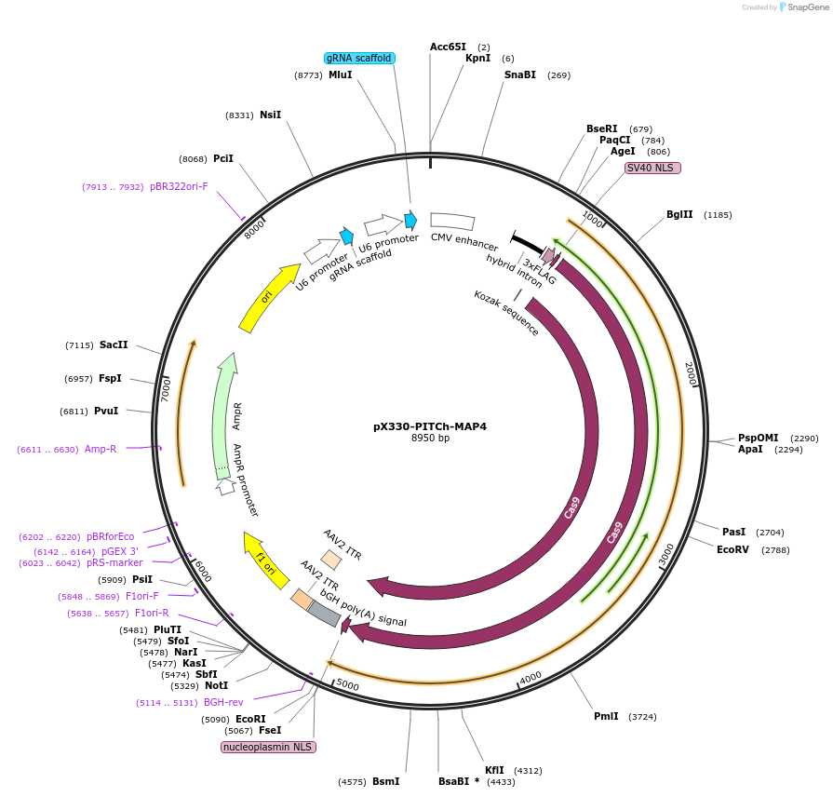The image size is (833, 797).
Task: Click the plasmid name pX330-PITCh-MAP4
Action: pyautogui.click(x=429, y=426)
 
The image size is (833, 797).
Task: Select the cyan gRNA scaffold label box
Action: pyautogui.click(x=359, y=58)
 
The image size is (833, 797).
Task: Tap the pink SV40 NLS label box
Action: pyautogui.click(x=652, y=168)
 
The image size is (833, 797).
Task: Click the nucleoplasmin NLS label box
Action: pyautogui.click(x=268, y=747)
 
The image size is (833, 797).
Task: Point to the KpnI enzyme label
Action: pyautogui.click(x=477, y=58)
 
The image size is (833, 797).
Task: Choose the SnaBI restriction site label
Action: pyautogui.click(x=519, y=74)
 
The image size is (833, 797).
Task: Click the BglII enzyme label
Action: pyautogui.click(x=679, y=214)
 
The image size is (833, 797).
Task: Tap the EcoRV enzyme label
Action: pyautogui.click(x=732, y=549)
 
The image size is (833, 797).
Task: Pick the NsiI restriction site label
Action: pyautogui.click(x=270, y=115)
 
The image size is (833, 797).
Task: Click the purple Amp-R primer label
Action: pyautogui.click(x=101, y=449)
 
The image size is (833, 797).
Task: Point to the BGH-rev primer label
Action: pyautogui.click(x=223, y=702)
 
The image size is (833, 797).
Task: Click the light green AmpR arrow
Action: pyautogui.click(x=224, y=414)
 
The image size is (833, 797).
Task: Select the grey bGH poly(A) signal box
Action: pyautogui.click(x=324, y=613)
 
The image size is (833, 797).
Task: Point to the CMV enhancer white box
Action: pyautogui.click(x=452, y=221)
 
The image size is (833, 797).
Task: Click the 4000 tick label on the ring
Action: pyautogui.click(x=531, y=676)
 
